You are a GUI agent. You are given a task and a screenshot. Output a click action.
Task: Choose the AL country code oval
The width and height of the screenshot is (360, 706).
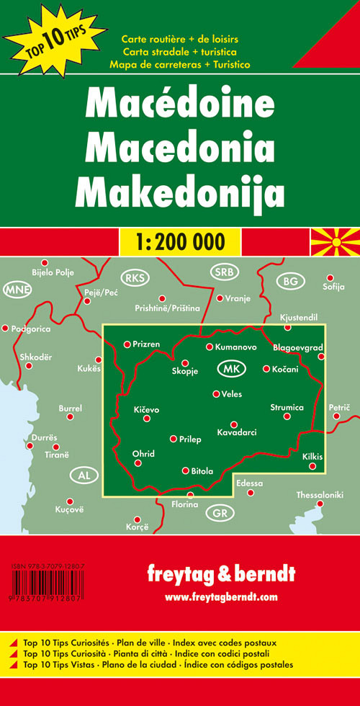coord(84,475)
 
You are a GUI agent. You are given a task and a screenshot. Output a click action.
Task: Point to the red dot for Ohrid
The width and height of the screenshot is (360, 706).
coord(138,463)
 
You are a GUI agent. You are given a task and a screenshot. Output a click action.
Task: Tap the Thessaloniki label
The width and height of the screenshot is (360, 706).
coord(320,495)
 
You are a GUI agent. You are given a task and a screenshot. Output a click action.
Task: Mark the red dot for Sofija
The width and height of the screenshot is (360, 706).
coord(330,277)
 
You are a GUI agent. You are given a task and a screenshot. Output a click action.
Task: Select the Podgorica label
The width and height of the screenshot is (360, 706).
coord(32,329)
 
